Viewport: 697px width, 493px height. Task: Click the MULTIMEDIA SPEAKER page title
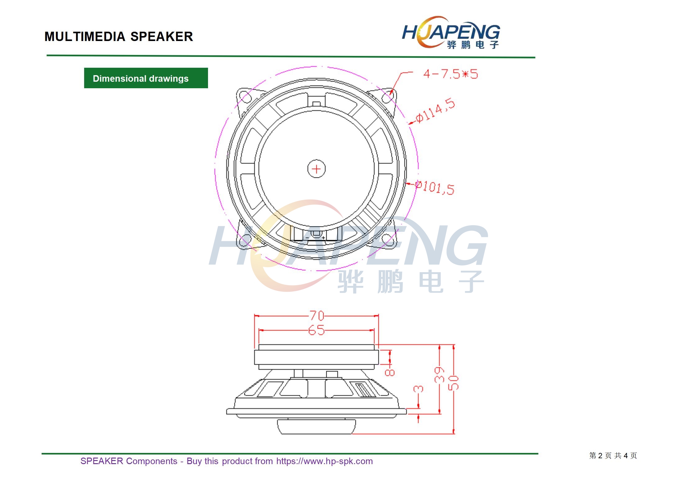(119, 37)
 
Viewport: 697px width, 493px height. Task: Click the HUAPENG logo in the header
(451, 32)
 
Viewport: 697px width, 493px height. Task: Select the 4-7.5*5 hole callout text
(450, 74)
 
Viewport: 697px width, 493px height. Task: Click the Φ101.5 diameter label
(435, 187)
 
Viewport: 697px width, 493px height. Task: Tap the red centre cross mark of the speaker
(316, 169)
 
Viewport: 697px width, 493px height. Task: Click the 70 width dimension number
(317, 316)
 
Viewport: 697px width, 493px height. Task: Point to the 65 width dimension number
(316, 330)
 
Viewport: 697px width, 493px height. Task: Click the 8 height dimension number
(390, 372)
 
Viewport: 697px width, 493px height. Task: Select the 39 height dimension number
(439, 374)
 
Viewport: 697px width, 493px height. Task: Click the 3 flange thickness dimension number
(418, 389)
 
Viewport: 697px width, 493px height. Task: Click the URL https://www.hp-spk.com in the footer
(324, 461)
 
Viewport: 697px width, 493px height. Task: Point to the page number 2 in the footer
(600, 456)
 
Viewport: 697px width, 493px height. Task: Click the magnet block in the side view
(316, 357)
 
